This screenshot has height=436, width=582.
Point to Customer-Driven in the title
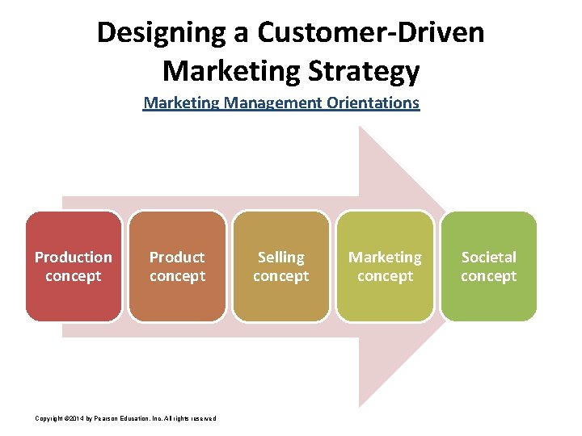tap(371, 33)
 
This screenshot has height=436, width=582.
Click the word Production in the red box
tap(74, 258)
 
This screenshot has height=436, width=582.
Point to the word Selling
tap(280, 258)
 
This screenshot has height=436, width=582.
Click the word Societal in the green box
tap(488, 258)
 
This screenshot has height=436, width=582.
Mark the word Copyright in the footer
tap(49, 418)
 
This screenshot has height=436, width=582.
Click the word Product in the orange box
tap(177, 258)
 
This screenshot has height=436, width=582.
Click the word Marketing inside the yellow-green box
tap(385, 258)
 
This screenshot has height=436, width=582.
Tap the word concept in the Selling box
tap(280, 276)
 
